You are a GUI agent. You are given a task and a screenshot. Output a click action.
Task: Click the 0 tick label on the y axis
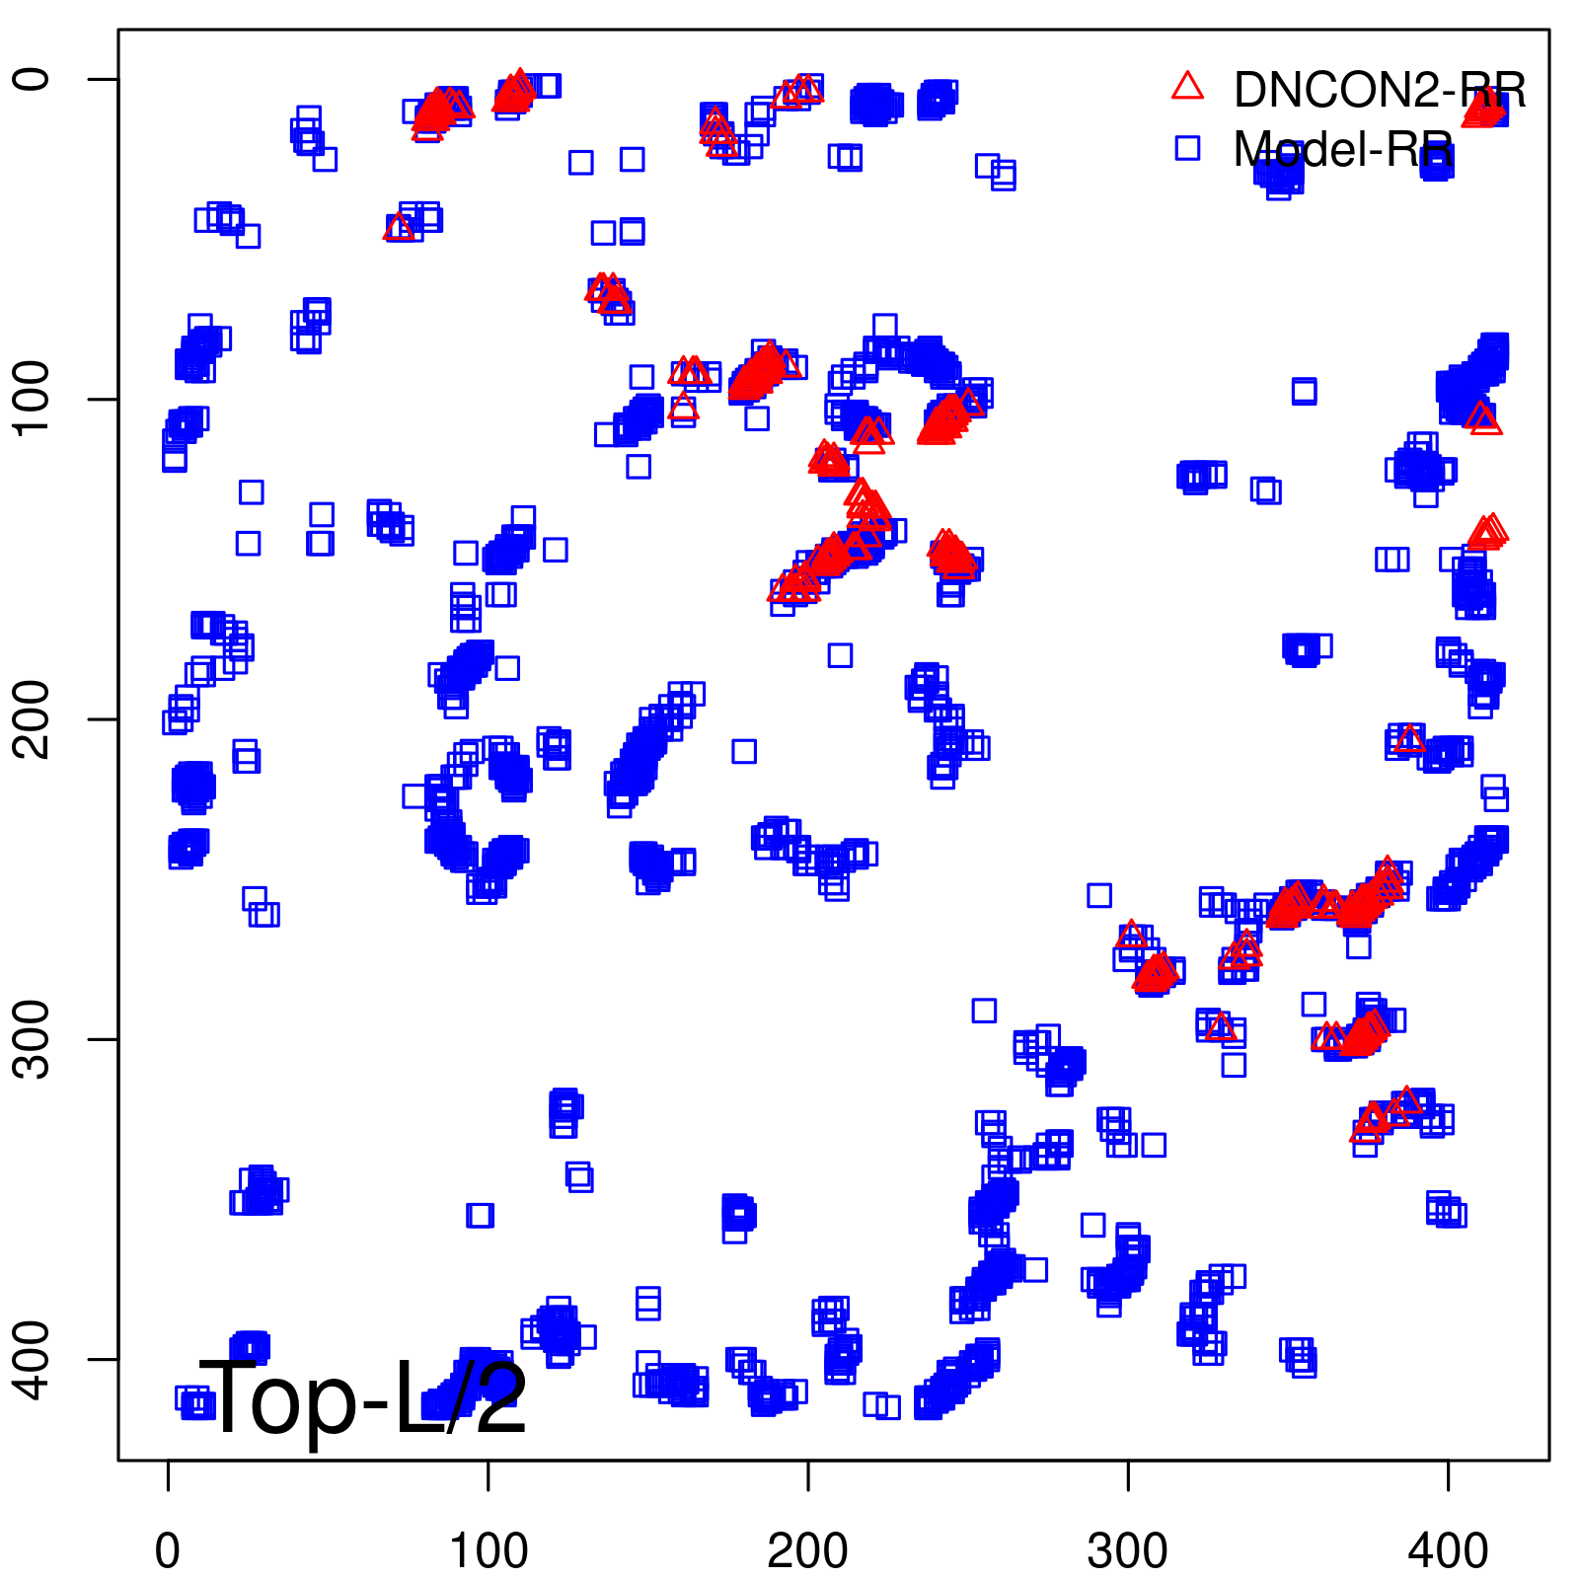click(33, 79)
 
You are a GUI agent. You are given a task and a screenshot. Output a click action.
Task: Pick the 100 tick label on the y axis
click(33, 399)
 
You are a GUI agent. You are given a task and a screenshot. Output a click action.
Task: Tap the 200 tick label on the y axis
click(33, 718)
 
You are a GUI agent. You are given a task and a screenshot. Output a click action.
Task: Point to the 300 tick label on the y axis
click(33, 1039)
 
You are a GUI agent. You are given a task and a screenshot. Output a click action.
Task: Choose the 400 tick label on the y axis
click(33, 1359)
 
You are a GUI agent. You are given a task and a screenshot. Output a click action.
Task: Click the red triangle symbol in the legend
click(1187, 87)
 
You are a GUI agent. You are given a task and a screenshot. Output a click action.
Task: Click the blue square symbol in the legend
click(1187, 148)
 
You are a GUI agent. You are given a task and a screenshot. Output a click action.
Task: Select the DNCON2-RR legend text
click(1380, 90)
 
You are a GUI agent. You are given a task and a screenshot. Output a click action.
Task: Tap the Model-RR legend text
click(1342, 149)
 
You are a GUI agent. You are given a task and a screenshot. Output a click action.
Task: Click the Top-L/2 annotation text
click(363, 1398)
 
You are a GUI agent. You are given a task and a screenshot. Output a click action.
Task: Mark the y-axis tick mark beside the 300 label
click(104, 1039)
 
